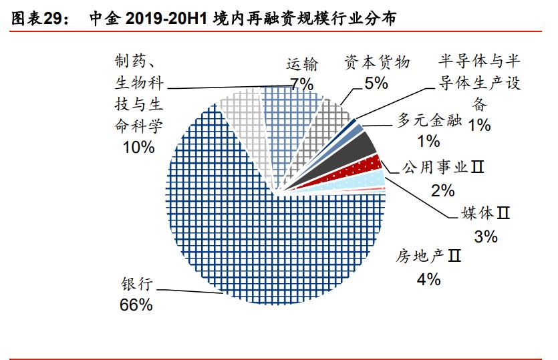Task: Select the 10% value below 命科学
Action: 138,147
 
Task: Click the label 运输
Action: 302,64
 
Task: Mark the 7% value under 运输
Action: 302,83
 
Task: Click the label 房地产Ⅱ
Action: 428,256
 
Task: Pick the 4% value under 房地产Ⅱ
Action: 428,279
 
